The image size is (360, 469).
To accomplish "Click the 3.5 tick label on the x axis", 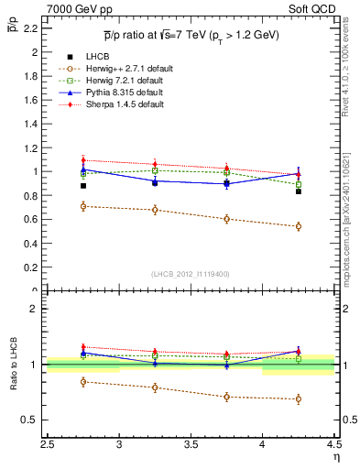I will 191,444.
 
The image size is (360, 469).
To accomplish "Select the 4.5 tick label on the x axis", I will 333,444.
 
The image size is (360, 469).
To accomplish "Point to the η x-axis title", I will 335,457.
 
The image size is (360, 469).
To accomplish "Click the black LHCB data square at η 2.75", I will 83,186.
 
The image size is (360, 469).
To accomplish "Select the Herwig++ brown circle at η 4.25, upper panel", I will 298,226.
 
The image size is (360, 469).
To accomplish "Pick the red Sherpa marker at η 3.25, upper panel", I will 155,164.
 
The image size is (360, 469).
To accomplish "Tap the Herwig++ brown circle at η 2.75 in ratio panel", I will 83,381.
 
